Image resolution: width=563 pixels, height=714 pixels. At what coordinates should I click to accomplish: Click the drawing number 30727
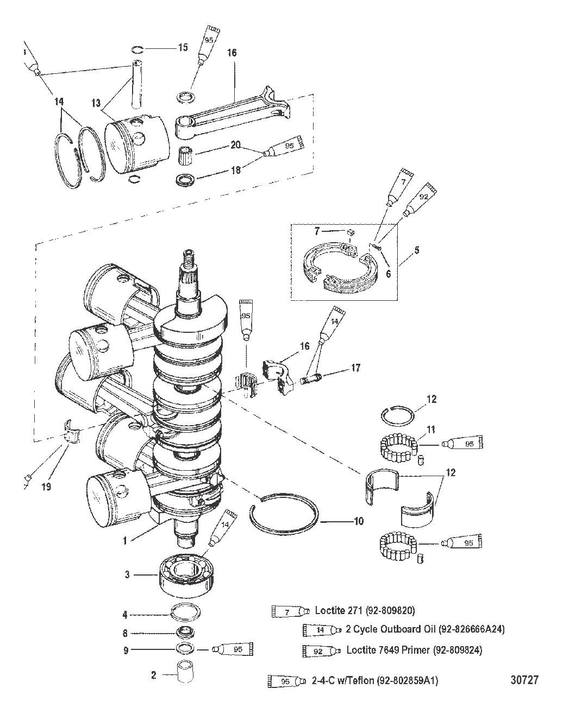click(x=524, y=680)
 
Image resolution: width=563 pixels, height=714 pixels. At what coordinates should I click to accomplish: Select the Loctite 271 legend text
click(x=365, y=610)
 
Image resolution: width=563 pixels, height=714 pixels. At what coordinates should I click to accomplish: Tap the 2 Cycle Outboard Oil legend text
click(x=425, y=629)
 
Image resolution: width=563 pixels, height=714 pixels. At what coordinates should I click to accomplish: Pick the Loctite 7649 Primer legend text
click(x=414, y=649)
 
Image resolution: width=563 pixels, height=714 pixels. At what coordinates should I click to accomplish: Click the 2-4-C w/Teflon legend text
click(x=374, y=680)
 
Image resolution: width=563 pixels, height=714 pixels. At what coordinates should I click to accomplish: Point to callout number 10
click(x=359, y=521)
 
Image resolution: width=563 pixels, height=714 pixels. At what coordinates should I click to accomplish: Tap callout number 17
click(x=356, y=368)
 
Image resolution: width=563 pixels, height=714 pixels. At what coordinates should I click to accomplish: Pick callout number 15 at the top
click(x=183, y=47)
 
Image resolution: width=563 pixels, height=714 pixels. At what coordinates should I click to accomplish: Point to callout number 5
click(x=417, y=250)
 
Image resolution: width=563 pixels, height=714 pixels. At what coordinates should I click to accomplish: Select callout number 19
click(x=46, y=486)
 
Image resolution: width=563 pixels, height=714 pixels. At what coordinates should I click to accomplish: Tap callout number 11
click(x=431, y=429)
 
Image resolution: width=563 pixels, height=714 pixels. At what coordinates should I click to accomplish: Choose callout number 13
click(x=96, y=103)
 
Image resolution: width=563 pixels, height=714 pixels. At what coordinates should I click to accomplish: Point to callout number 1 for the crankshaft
click(x=125, y=540)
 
